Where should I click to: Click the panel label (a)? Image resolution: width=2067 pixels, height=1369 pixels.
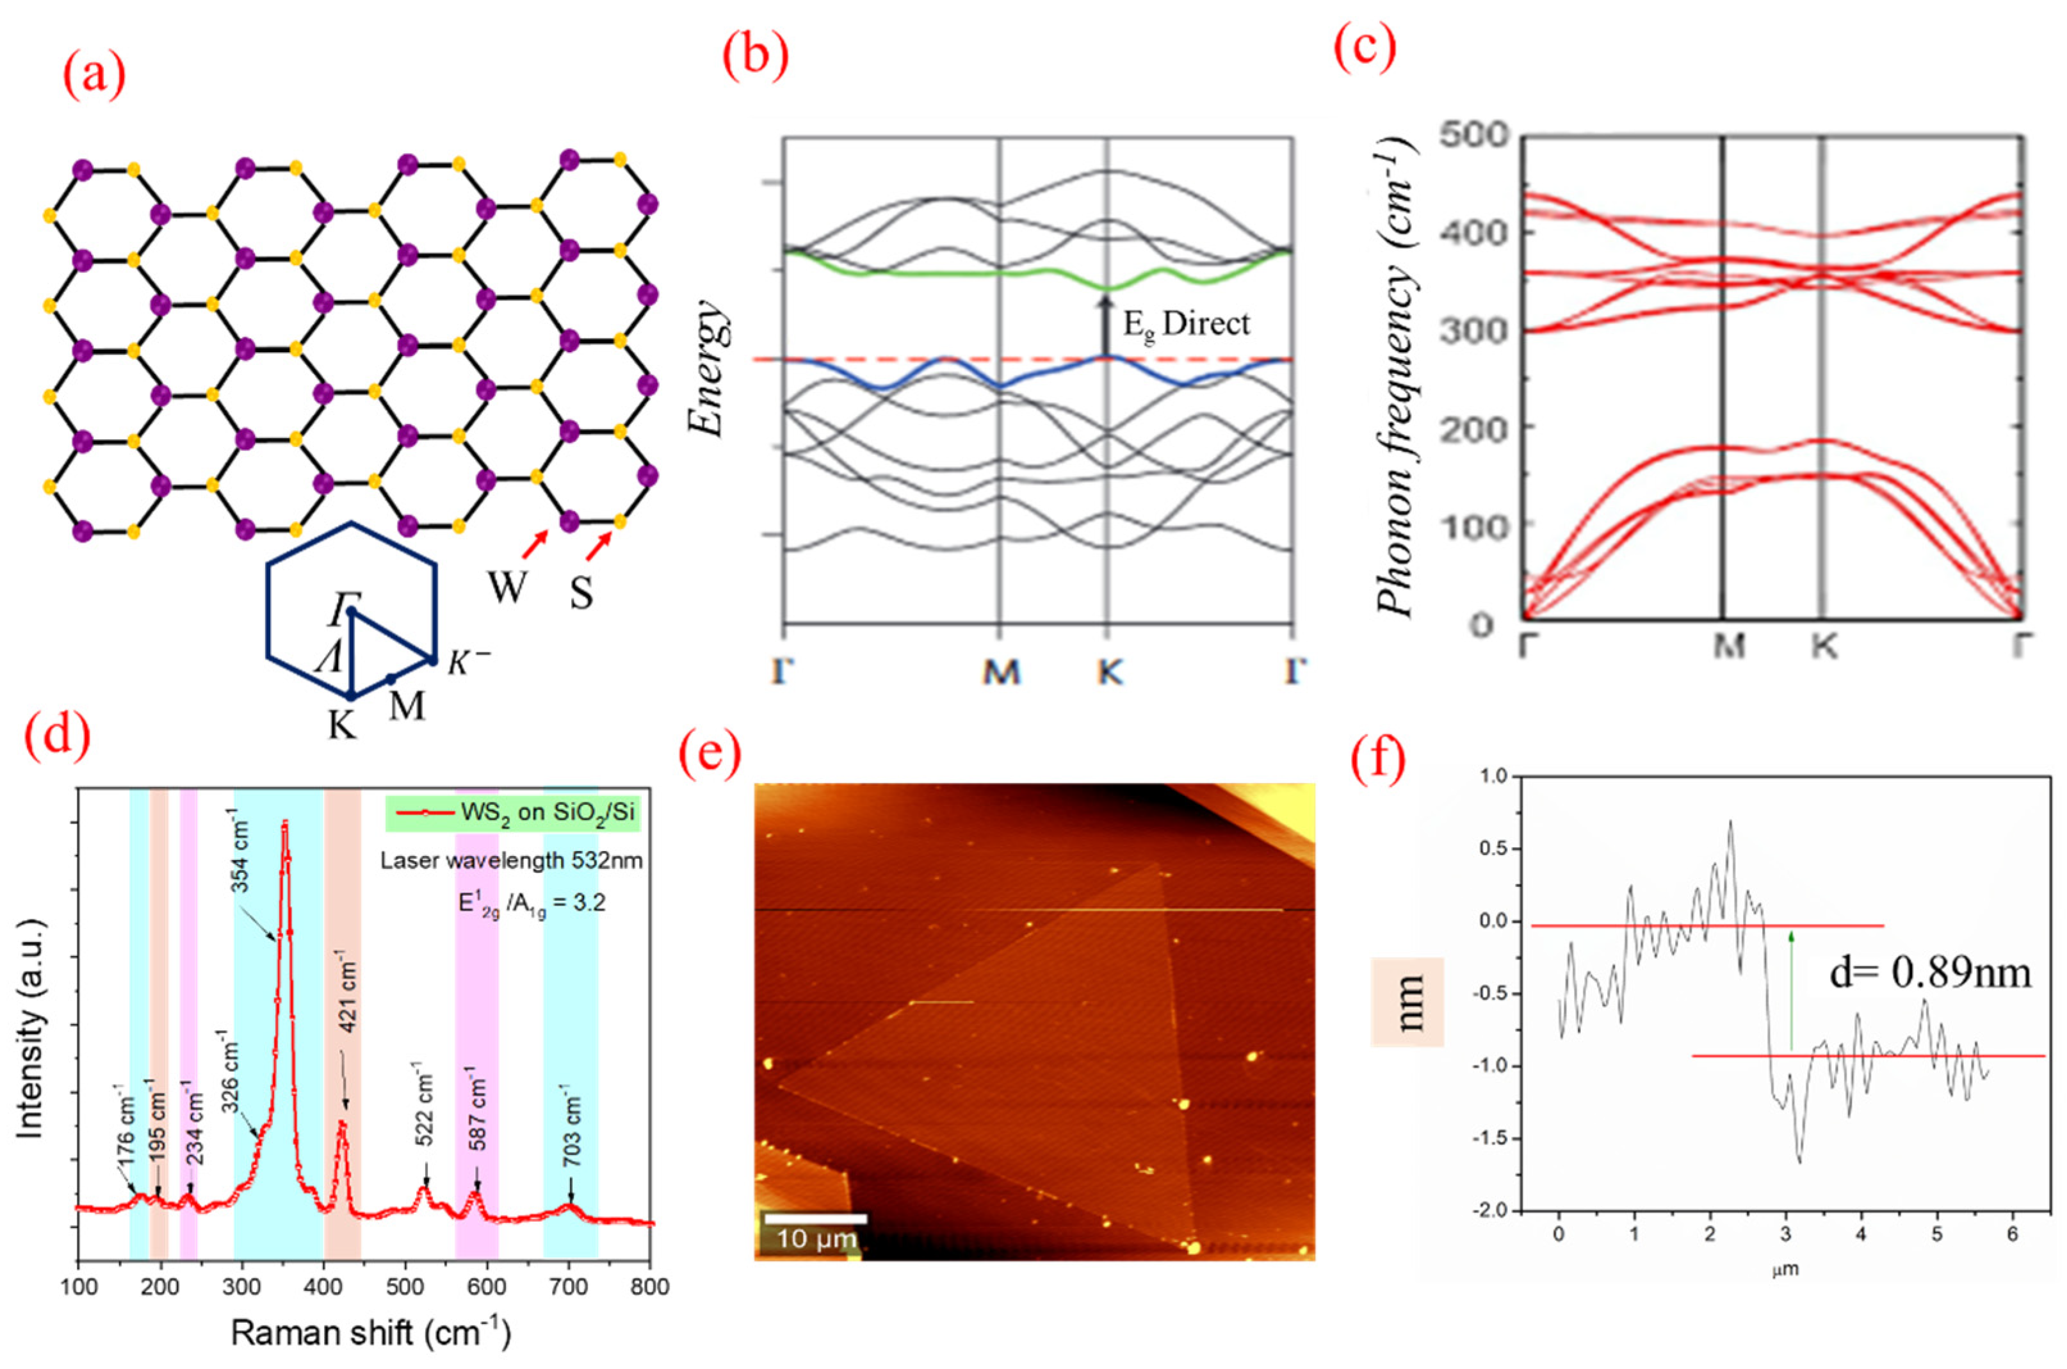click(94, 77)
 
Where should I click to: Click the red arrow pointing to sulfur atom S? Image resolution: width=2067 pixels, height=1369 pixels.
click(599, 547)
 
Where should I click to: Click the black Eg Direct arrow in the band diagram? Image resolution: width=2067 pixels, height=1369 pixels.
click(1106, 325)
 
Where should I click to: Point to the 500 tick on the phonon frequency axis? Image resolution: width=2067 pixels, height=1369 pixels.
click(1473, 135)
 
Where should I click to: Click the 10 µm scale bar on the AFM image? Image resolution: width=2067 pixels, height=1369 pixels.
click(815, 1218)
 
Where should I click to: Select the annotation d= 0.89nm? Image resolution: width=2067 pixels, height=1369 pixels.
click(1930, 972)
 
